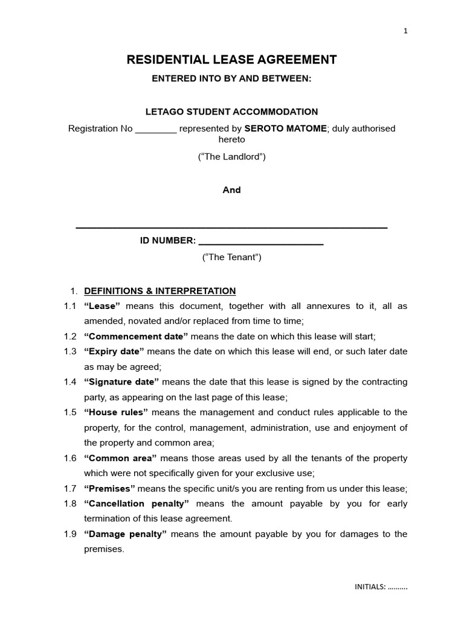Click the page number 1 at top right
coord(406,31)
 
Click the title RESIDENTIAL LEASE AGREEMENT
coord(231,60)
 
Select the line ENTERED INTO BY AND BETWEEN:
coord(231,79)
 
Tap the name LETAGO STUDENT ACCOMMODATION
coord(231,112)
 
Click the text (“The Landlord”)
coord(231,157)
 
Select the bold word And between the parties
coord(231,190)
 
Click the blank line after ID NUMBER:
coord(261,241)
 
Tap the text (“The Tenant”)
coord(231,257)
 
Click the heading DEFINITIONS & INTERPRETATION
coord(159,291)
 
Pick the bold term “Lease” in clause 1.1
coord(103,306)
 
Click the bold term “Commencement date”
coord(136,336)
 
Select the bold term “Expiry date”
coord(114,351)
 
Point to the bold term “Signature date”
coord(121,382)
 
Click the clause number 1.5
coord(70,412)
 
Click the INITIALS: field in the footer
coord(381,587)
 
